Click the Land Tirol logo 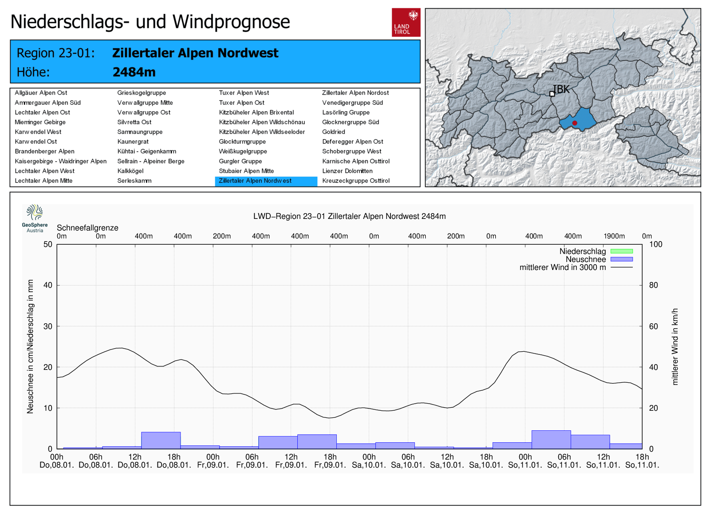pos(406,22)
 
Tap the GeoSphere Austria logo pos(35,218)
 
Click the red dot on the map pos(575,123)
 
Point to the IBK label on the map pos(561,89)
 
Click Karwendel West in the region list pos(38,132)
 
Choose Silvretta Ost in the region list pos(134,122)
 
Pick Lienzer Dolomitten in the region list pos(347,171)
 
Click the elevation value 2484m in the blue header pos(134,72)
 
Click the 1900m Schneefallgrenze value pos(614,236)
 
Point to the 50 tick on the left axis pos(48,244)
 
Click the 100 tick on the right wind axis pos(655,244)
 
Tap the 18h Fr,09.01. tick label pos(330,461)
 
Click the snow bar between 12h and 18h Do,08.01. pos(161,440)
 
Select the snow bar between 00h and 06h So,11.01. pos(551,439)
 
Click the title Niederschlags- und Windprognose pos(150,22)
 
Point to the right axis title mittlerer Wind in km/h pos(675,346)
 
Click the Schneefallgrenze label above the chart pos(87,228)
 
